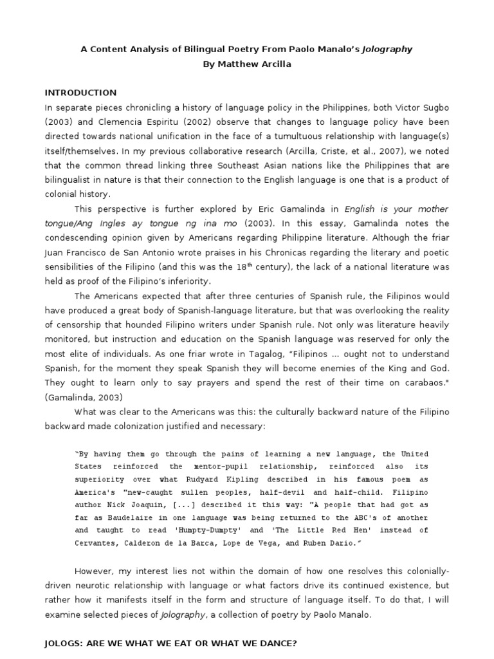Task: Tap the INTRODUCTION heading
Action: coord(80,93)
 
